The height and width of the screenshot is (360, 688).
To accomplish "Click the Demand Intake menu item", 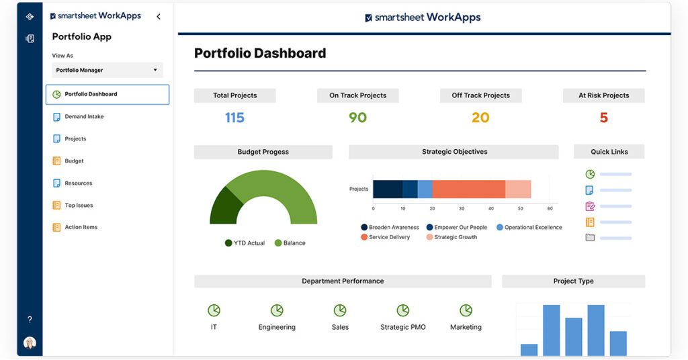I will (83, 117).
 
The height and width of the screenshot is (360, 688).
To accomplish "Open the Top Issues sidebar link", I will (78, 206).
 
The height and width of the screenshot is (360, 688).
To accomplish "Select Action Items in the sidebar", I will (81, 228).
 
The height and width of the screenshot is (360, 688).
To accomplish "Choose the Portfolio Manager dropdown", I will (107, 70).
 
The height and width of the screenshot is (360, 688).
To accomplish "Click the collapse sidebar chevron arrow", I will (159, 17).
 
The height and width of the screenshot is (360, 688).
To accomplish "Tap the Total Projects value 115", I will (234, 118).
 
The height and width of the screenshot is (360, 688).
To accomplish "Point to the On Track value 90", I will (357, 118).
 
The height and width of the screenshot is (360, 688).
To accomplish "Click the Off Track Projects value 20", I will (480, 118).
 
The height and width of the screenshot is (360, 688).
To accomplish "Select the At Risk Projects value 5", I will (603, 118).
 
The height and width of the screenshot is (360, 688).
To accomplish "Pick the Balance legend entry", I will (290, 243).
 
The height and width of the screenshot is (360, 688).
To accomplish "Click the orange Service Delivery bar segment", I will (468, 189).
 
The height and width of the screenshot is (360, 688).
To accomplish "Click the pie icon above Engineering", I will (277, 310).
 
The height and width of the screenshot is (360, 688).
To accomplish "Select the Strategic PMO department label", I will (402, 327).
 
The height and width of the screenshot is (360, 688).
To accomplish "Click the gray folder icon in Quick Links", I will (590, 237).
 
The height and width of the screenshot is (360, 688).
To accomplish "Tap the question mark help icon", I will (30, 320).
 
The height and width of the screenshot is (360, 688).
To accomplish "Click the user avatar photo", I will (30, 343).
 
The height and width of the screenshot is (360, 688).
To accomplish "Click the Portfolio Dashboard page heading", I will (260, 54).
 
